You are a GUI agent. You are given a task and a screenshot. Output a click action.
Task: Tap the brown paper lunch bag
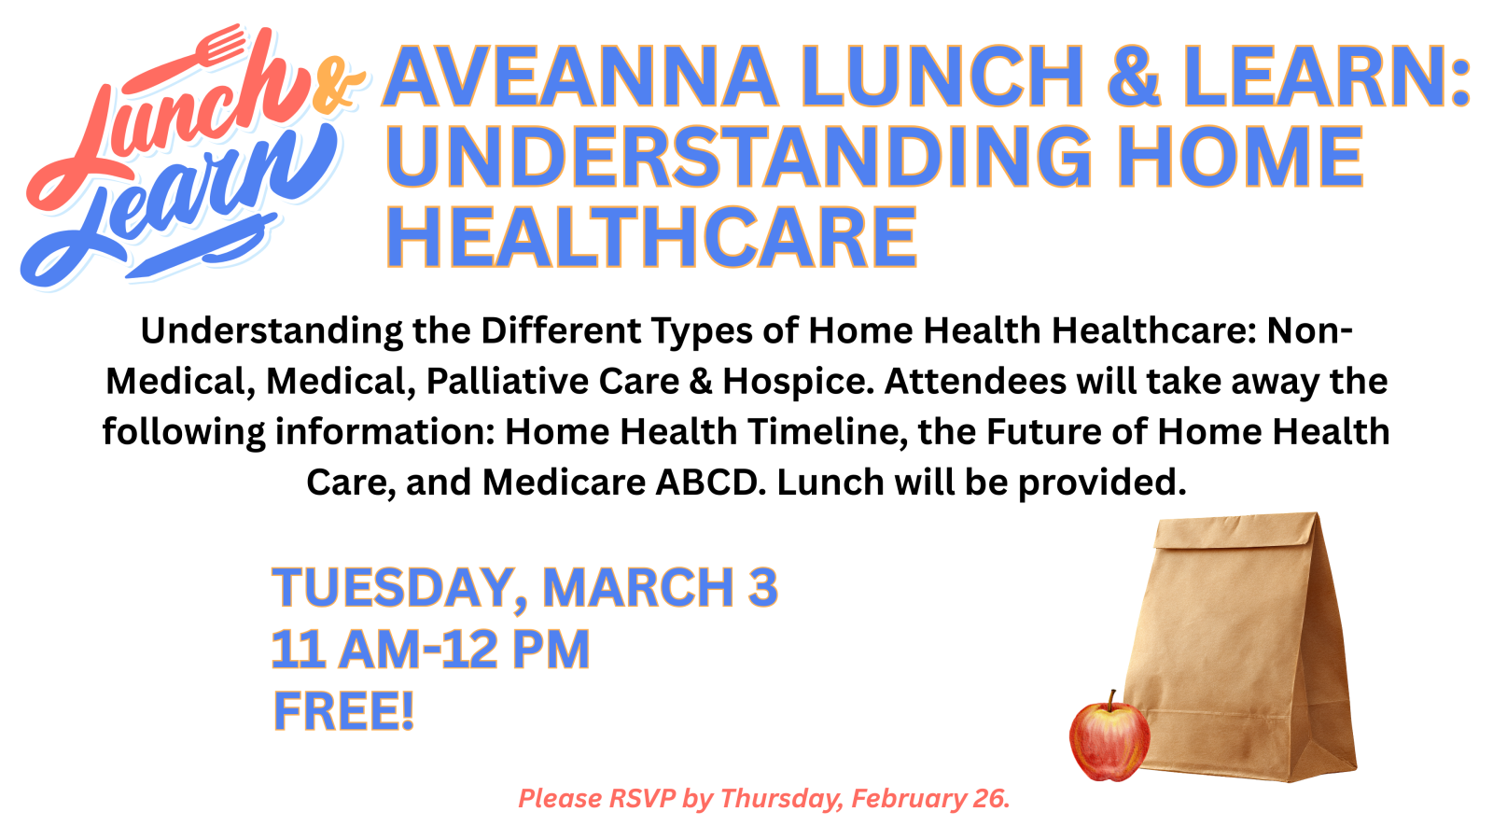point(1240,647)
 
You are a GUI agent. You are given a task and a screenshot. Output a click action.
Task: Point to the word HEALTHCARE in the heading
point(652,237)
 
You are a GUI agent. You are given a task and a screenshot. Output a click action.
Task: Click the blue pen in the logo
point(200,246)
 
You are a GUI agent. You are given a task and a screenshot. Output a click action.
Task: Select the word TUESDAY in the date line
point(393,588)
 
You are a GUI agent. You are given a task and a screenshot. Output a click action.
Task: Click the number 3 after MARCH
point(762,587)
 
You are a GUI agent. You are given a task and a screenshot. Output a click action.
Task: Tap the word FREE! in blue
point(344,711)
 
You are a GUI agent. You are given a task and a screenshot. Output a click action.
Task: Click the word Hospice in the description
point(798,382)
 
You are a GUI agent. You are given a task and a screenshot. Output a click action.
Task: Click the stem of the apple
point(1110,699)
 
